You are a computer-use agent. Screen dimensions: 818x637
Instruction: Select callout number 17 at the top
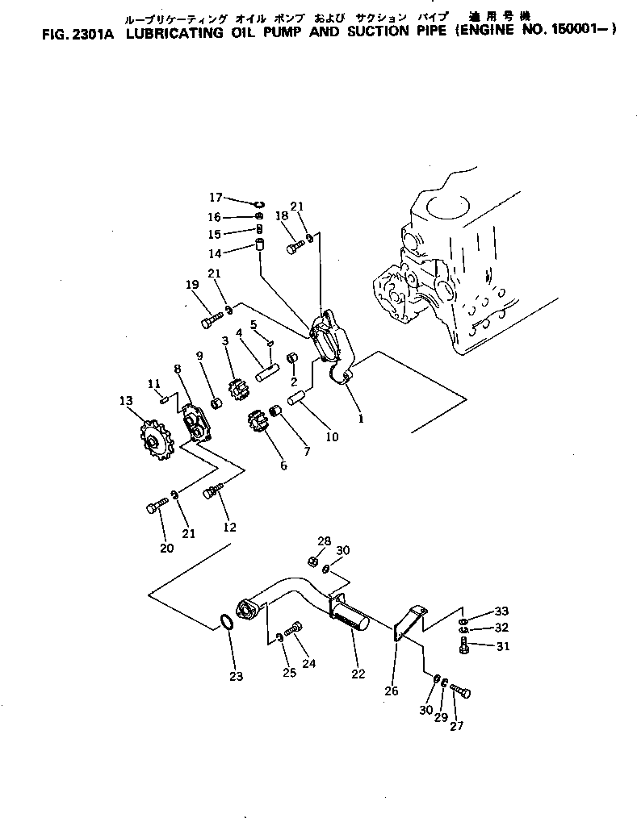pyautogui.click(x=216, y=197)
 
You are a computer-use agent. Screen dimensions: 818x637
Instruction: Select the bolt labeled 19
pyautogui.click(x=209, y=322)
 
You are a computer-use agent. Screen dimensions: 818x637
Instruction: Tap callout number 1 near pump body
pyautogui.click(x=361, y=419)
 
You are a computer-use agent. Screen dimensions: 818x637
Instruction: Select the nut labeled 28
pyautogui.click(x=313, y=561)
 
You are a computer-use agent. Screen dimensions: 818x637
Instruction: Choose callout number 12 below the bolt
pyautogui.click(x=230, y=528)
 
